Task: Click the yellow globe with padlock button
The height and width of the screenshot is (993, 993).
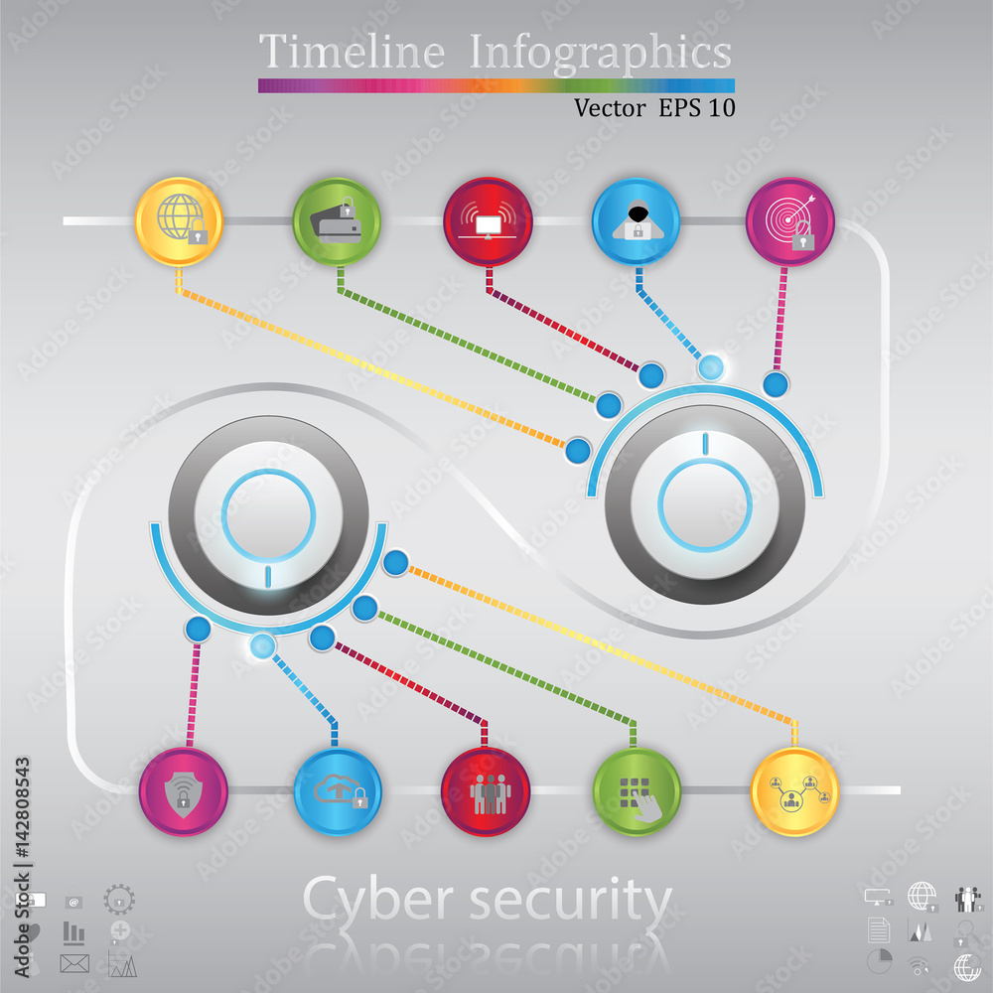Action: click(179, 221)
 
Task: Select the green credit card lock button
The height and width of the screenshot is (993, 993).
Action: click(337, 221)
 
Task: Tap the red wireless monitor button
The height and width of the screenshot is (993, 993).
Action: click(488, 221)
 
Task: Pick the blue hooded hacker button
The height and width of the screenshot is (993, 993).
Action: click(636, 221)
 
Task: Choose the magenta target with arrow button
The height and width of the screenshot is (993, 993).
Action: click(790, 221)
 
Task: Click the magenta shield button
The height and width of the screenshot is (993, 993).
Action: click(183, 791)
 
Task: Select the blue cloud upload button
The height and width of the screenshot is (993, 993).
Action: click(338, 791)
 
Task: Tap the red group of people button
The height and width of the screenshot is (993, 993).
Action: click(486, 791)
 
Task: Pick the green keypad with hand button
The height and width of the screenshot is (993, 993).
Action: click(637, 791)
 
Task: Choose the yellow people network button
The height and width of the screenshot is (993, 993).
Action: click(794, 791)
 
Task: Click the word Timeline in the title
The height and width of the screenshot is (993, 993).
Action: click(353, 51)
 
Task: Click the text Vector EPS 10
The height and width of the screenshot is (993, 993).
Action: click(654, 107)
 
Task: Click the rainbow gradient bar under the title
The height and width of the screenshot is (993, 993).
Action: click(496, 85)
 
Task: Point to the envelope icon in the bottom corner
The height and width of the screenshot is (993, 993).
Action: click(74, 963)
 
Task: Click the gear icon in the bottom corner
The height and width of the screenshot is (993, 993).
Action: click(119, 900)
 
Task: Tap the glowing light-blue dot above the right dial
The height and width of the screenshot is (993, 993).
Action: click(711, 367)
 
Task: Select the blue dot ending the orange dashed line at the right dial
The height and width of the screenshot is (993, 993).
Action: click(578, 451)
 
